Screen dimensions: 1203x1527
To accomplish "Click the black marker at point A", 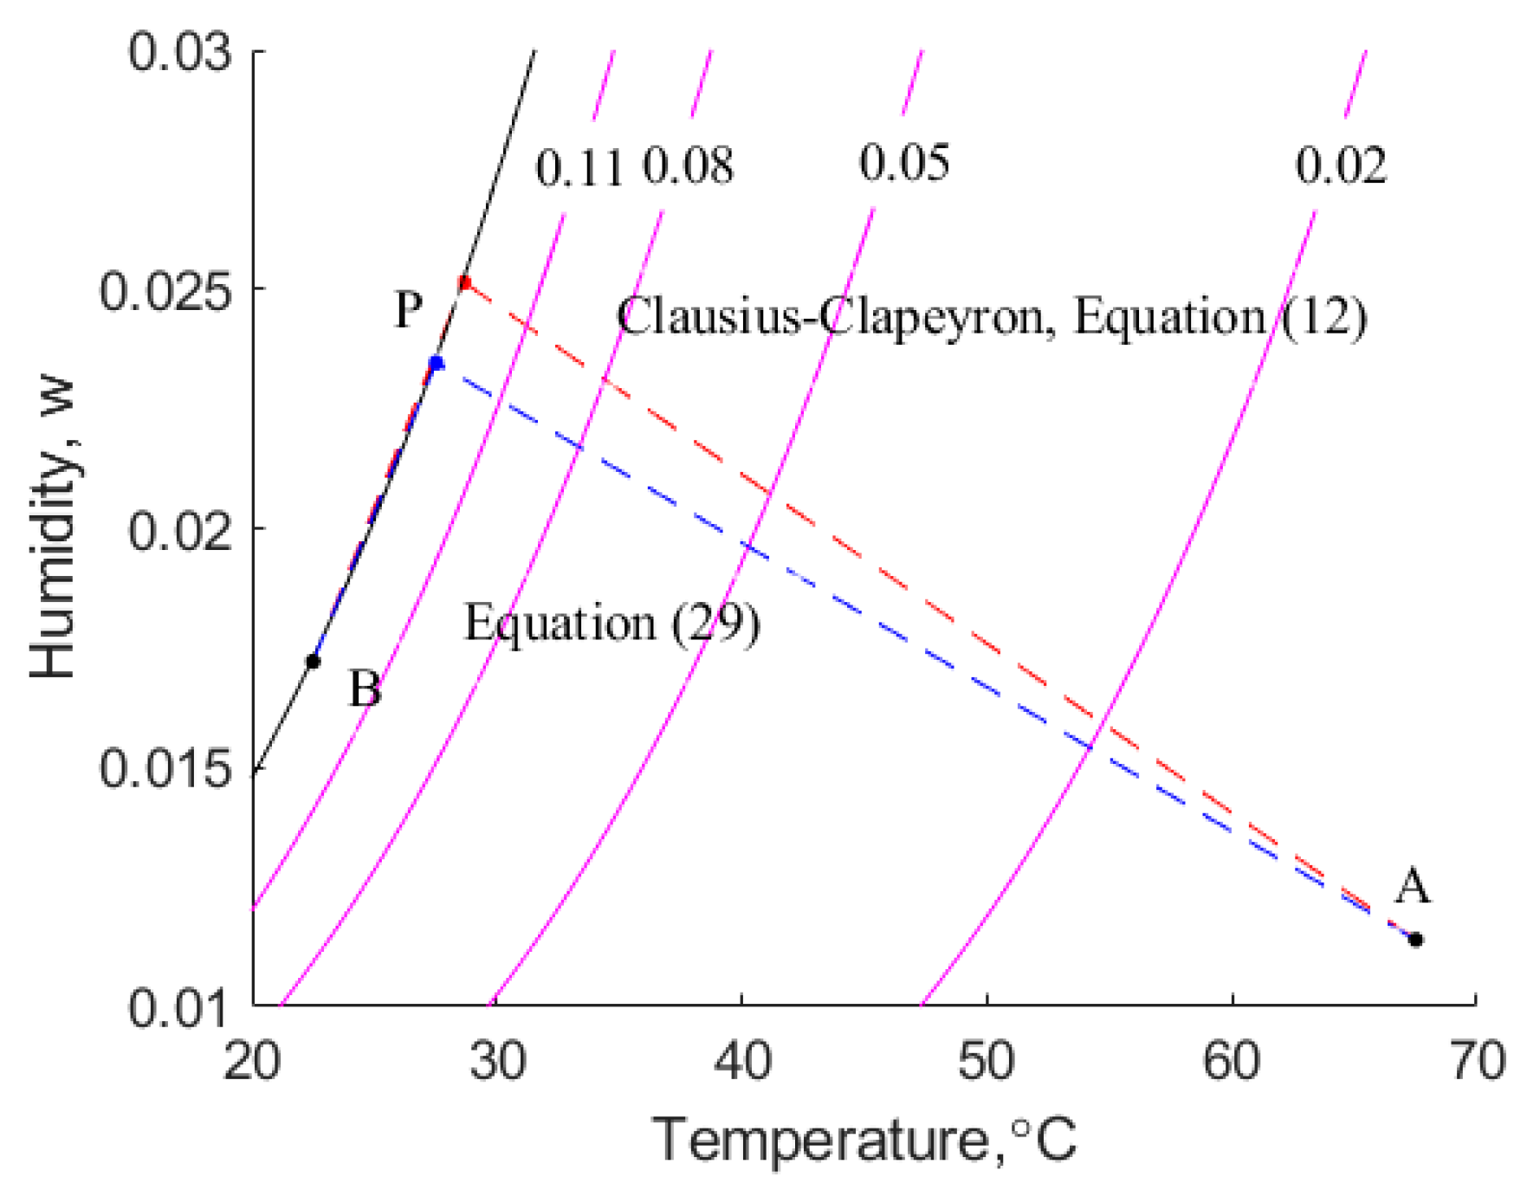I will click(x=1415, y=940).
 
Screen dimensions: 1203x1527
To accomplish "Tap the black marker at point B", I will click(x=314, y=662).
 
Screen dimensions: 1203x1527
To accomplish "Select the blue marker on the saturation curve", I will click(x=437, y=364).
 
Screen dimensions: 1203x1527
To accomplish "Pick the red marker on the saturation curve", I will click(x=465, y=283).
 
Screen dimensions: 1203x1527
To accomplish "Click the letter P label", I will click(x=409, y=309).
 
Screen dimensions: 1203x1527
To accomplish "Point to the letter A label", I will click(x=1412, y=886).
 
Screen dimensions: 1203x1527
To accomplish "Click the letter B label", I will click(x=365, y=690).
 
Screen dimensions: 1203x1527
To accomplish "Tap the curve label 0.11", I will click(x=579, y=167).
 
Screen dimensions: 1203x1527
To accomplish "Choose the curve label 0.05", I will click(x=904, y=162).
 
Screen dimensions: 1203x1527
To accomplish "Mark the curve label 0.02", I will click(x=1341, y=165).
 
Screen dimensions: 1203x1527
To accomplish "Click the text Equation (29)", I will click(x=612, y=624).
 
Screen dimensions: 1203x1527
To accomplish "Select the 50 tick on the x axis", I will click(x=987, y=1060).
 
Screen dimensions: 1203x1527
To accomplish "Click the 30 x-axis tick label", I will click(x=497, y=1060).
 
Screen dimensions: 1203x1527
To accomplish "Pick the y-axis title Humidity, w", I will click(x=54, y=528).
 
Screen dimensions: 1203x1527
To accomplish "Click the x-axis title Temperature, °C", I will click(x=864, y=1140).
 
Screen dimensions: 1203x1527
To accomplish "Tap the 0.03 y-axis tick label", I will click(x=181, y=52).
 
